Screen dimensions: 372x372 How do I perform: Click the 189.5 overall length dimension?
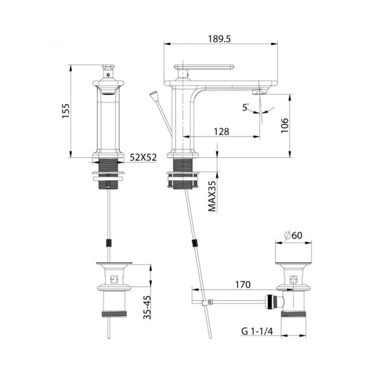pos(220,38)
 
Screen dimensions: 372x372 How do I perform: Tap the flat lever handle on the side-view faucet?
pos(207,66)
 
